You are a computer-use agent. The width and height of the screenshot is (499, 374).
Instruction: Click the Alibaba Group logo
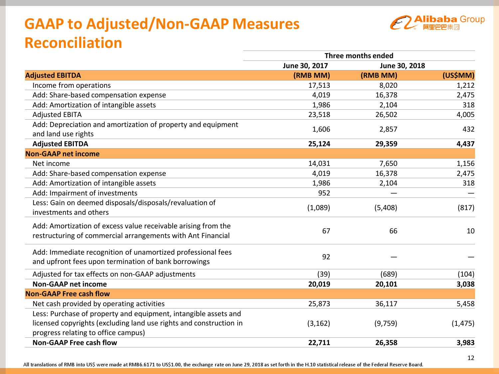pyautogui.click(x=437, y=22)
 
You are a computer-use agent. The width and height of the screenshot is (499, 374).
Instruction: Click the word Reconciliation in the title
pyautogui.click(x=74, y=43)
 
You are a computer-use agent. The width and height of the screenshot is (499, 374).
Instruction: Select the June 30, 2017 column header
pyautogui.click(x=305, y=65)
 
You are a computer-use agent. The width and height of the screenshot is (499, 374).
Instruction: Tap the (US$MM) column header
pyautogui.click(x=458, y=75)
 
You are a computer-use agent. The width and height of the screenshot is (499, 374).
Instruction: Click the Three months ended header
pyautogui.click(x=359, y=56)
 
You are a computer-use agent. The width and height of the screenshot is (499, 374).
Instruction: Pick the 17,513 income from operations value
pyautogui.click(x=319, y=85)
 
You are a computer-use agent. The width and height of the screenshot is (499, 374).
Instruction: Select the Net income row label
pyautogui.click(x=51, y=164)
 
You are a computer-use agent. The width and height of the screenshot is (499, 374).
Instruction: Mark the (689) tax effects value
pyautogui.click(x=389, y=274)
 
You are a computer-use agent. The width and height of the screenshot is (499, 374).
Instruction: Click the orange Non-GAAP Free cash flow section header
pyautogui.click(x=68, y=294)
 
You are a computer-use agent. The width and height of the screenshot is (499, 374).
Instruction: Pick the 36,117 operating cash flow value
pyautogui.click(x=386, y=304)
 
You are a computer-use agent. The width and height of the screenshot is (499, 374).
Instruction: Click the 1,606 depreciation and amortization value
pyautogui.click(x=321, y=129)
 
